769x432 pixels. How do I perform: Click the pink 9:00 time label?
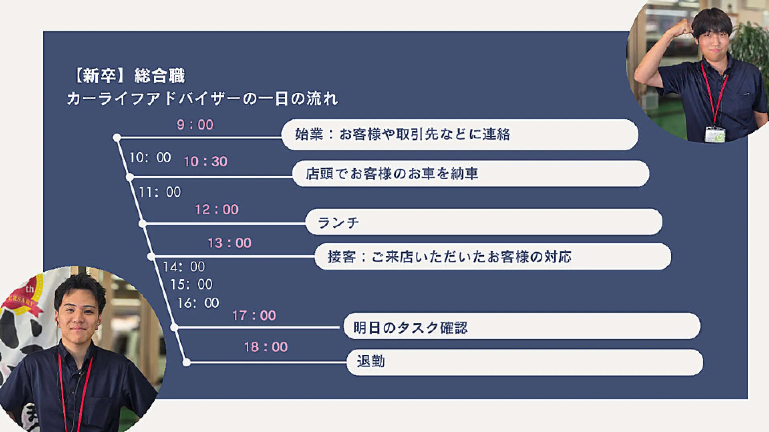pos(195,125)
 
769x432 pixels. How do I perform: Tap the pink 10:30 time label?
pos(205,162)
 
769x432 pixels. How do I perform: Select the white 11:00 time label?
pos(160,192)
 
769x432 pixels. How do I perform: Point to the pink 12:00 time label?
pos(217,210)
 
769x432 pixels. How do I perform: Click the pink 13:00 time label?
pos(229,243)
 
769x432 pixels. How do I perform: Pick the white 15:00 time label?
pos(191,284)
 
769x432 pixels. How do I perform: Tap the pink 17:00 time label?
pos(254,316)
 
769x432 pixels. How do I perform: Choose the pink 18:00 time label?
pos(266,347)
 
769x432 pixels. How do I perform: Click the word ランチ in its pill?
pos(338,222)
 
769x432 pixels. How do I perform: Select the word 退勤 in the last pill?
pos(371,362)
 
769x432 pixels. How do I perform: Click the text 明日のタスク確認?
pos(411,328)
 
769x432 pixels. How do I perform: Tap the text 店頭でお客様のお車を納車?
pos(392,174)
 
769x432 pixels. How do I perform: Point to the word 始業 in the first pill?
pos(309,134)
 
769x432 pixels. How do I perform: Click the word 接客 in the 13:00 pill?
pos(342,257)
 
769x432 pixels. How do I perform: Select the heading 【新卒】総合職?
pos(129,76)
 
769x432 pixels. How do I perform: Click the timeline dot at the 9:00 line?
pos(117,138)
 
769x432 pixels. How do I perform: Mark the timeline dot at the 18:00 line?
pos(186,363)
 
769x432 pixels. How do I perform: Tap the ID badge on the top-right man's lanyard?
pos(715,134)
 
